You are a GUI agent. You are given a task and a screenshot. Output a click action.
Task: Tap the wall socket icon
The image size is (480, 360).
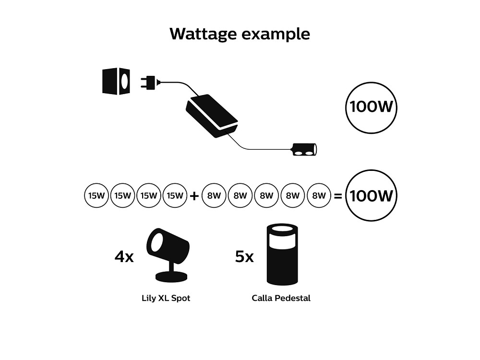click(116, 81)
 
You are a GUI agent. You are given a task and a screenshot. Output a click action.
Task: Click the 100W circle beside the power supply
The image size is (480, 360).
click(372, 107)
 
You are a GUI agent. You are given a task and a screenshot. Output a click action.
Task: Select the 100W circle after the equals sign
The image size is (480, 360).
click(372, 195)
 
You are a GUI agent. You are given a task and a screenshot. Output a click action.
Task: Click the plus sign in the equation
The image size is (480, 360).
click(194, 196)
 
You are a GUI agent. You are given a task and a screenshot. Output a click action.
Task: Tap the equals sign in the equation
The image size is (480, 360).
click(337, 196)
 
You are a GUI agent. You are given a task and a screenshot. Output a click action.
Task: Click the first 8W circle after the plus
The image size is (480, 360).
click(214, 195)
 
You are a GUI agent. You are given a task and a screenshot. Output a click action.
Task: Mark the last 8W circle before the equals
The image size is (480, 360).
click(319, 195)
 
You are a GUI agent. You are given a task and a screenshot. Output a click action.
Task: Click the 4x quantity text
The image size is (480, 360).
click(124, 257)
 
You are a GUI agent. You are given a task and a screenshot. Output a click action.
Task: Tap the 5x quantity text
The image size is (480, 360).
click(244, 257)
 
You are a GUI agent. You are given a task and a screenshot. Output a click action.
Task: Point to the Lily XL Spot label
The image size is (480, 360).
click(166, 298)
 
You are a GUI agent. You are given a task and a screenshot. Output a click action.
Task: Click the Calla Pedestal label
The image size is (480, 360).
click(281, 298)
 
